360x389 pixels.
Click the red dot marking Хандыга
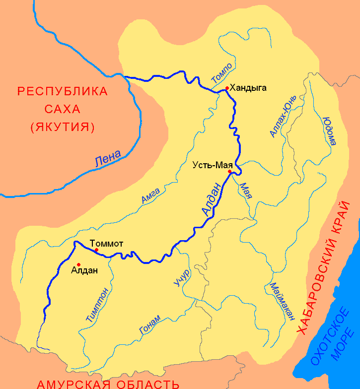coord(227,88)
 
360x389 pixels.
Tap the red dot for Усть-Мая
coord(229,172)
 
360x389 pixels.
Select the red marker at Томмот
coord(96,250)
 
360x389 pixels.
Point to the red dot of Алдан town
coord(78,264)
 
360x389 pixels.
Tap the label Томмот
coord(106,243)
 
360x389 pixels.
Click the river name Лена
coord(107,160)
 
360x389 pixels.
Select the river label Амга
coord(150,194)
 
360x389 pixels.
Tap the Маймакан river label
coord(282,302)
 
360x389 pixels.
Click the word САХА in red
coord(62,109)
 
